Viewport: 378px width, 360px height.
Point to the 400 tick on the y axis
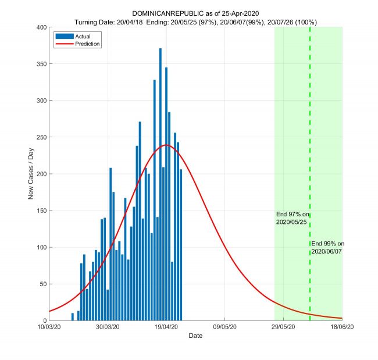coord(41,27)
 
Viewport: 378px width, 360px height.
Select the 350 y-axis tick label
coord(41,64)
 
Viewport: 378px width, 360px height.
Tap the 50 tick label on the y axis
coord(43,284)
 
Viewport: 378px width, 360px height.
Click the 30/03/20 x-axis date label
coord(108,327)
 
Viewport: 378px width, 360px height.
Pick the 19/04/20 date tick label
coord(166,327)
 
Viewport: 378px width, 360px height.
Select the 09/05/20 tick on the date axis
coord(225,327)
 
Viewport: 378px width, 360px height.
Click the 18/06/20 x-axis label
coord(342,327)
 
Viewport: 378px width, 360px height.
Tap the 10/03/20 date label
coord(49,327)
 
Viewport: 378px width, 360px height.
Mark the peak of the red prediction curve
coord(166,145)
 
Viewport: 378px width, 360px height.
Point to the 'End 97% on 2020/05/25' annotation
coord(293,218)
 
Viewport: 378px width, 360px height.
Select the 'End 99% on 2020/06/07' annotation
coord(327,247)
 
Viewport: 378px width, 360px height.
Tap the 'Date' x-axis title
coord(195,336)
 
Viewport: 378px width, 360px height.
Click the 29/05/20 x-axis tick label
coord(283,327)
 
